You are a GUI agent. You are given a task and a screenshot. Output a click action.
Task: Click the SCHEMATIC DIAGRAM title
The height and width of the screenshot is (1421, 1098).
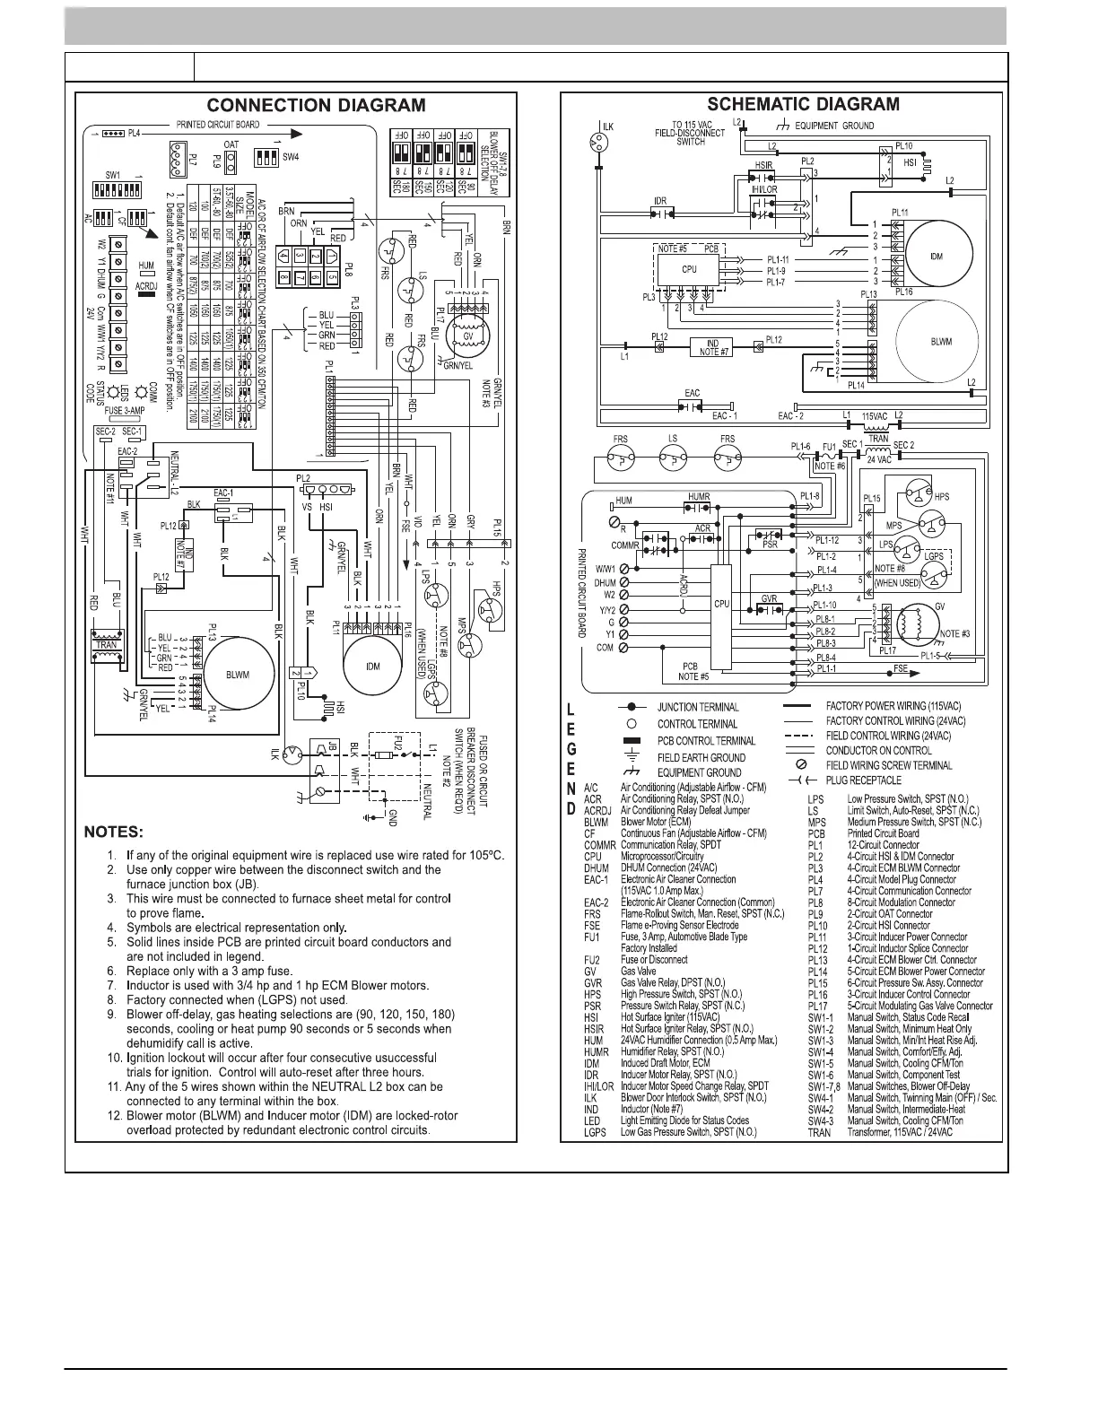[x=803, y=105]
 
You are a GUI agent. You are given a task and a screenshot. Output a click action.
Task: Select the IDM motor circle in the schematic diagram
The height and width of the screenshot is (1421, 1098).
[x=936, y=257]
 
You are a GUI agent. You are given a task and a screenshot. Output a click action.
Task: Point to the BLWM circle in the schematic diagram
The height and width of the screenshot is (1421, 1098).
[x=935, y=342]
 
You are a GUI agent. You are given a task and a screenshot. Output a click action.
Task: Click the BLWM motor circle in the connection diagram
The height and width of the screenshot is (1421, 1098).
[x=237, y=674]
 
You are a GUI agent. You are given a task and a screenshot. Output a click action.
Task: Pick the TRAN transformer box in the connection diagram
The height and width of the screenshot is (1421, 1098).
[x=107, y=645]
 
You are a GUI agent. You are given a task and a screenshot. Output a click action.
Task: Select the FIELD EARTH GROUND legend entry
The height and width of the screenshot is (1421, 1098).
[x=701, y=757]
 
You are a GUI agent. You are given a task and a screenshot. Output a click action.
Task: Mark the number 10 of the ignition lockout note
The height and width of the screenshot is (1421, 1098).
[x=114, y=1057]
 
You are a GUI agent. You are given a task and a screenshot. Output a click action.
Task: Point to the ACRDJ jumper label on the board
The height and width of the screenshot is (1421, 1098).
[x=146, y=286]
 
